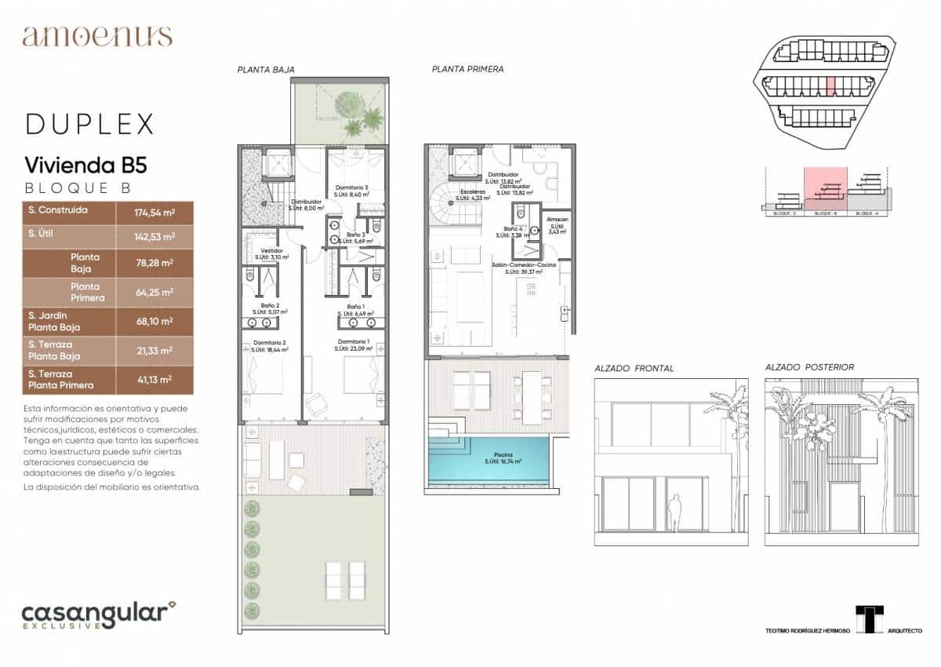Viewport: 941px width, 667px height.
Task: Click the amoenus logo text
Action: (x=97, y=36)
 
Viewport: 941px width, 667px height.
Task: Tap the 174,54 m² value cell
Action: (x=154, y=213)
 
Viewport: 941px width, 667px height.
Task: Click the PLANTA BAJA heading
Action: (x=266, y=70)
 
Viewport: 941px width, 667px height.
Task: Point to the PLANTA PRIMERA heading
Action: (x=467, y=69)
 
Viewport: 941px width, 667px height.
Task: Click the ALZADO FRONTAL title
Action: (x=634, y=368)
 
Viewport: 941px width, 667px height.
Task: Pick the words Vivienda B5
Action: (x=86, y=166)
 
